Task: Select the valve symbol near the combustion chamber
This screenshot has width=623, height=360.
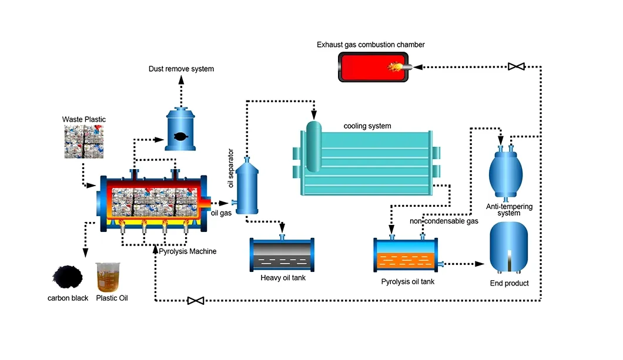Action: [517, 67]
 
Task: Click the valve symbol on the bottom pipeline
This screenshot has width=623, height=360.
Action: [195, 301]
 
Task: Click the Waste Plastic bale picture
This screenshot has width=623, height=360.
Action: [85, 141]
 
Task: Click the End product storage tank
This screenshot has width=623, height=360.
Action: [509, 248]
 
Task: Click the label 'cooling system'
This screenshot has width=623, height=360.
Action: [367, 126]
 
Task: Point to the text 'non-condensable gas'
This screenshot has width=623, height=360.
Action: [443, 221]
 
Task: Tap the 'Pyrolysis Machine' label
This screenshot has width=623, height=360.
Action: [187, 251]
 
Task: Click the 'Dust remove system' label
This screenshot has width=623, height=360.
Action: [181, 69]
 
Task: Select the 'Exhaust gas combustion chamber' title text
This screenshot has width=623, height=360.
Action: [370, 45]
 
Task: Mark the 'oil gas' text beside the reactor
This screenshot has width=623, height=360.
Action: [221, 213]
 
